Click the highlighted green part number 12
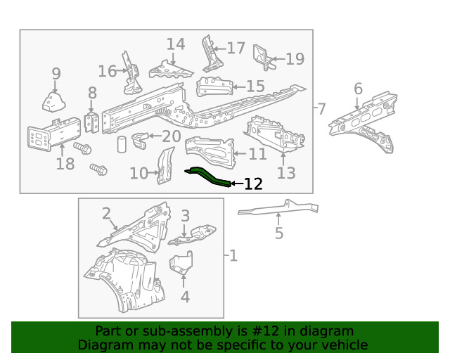pyautogui.click(x=207, y=176)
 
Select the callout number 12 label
pyautogui.click(x=252, y=184)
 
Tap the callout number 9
pyautogui.click(x=56, y=74)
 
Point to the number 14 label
pyautogui.click(x=175, y=45)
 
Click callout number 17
pyautogui.click(x=236, y=48)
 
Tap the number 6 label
pyautogui.click(x=358, y=89)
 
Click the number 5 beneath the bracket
pyautogui.click(x=279, y=233)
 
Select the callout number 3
pyautogui.click(x=186, y=215)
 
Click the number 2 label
pyautogui.click(x=106, y=213)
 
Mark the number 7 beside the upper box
pyautogui.click(x=321, y=109)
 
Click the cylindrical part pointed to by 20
pyautogui.click(x=122, y=145)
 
